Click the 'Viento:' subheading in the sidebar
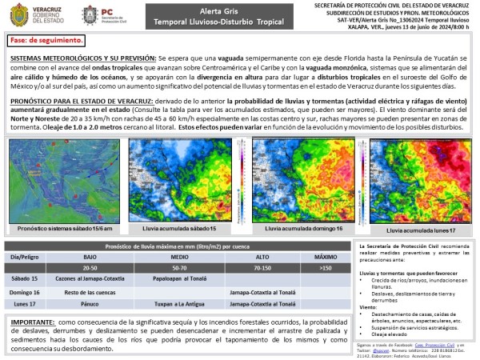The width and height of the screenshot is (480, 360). point(370,306)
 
